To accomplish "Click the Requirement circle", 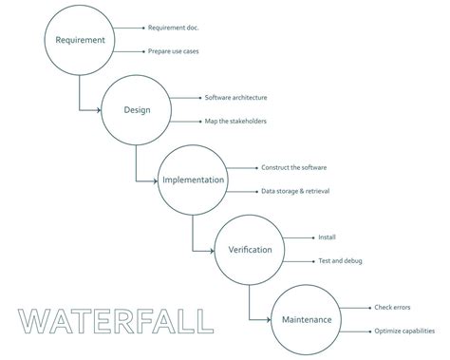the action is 80,40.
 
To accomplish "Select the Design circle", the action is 137,109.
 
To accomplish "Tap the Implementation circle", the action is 193,180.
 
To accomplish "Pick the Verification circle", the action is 250,249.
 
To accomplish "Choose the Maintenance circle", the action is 307,319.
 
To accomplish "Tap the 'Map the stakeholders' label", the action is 236,121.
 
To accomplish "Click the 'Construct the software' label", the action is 294,167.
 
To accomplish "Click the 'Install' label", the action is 328,237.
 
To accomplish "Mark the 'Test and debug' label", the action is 340,260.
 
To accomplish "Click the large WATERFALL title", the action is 116,321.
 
